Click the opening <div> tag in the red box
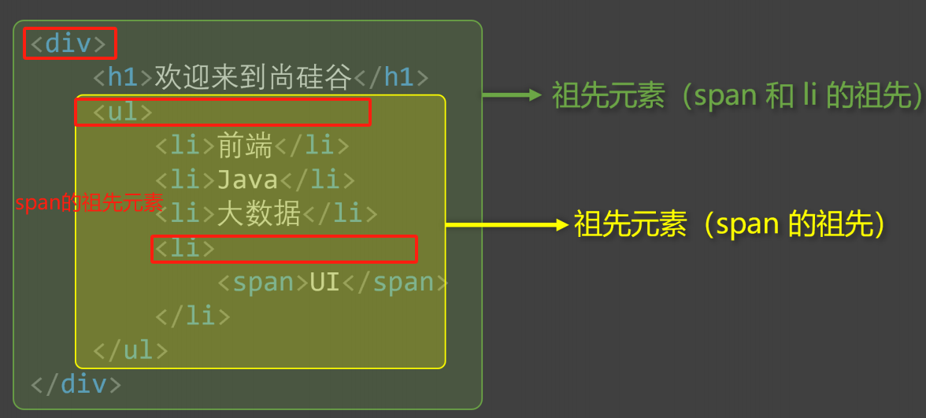point(68,43)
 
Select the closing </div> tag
point(76,384)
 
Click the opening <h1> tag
point(123,77)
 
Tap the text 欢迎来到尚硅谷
point(253,77)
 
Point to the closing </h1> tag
point(391,77)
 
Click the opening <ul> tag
point(123,112)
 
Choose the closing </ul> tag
point(131,350)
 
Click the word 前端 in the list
point(245,146)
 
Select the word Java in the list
point(247,179)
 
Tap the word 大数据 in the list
point(259,213)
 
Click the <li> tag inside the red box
point(184,248)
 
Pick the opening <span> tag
point(262,282)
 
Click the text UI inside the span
point(324,282)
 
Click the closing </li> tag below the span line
point(193,316)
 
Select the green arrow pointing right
point(512,96)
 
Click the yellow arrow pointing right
point(506,224)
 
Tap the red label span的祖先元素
point(89,203)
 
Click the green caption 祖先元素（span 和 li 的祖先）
point(737,96)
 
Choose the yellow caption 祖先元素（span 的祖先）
point(731,224)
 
